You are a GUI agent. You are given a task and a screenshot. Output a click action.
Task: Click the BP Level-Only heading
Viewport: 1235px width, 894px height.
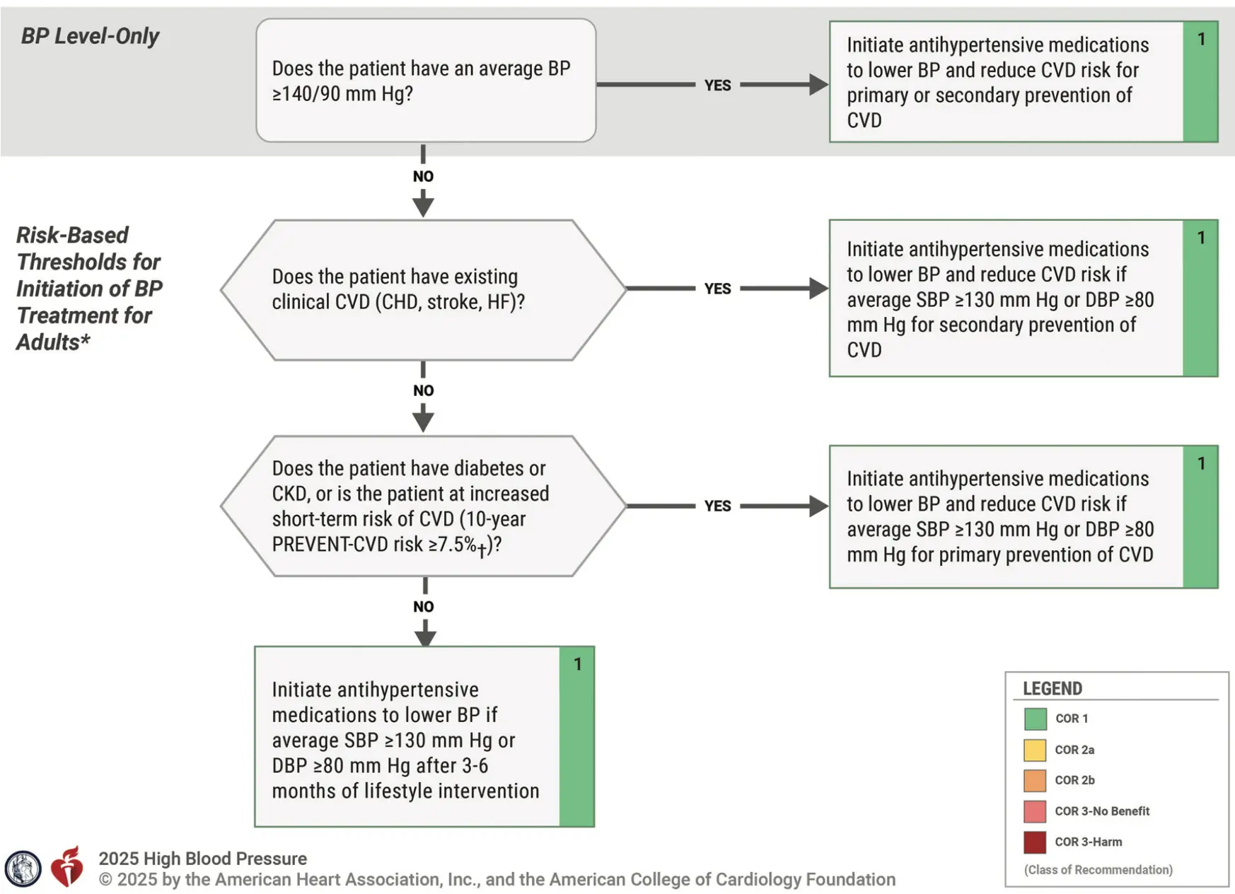(90, 36)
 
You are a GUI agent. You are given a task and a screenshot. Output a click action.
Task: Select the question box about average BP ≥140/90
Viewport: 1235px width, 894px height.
(426, 81)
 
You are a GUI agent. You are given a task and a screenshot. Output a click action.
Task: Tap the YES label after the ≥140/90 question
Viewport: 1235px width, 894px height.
(717, 86)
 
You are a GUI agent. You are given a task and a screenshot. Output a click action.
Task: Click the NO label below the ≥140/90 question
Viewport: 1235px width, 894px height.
(423, 176)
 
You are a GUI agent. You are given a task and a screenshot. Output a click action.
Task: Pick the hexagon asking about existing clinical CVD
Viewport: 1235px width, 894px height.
(423, 290)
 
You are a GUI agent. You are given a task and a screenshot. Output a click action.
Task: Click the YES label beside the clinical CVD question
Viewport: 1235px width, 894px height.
(717, 289)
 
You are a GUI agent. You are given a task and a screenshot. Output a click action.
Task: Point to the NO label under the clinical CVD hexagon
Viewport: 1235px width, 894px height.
(423, 390)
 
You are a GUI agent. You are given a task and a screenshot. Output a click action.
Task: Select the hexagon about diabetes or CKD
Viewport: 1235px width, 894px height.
(423, 506)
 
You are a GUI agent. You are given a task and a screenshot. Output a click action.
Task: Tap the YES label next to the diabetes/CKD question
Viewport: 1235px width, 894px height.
(717, 506)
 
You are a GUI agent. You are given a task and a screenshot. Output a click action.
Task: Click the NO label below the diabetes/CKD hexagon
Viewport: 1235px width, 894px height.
(423, 607)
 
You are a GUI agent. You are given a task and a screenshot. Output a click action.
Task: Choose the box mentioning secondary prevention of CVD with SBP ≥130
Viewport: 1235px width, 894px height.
(1024, 298)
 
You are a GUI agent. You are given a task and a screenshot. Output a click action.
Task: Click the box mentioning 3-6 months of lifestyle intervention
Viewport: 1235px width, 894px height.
(424, 736)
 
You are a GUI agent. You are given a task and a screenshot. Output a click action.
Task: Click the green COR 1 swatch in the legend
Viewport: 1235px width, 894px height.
(1035, 719)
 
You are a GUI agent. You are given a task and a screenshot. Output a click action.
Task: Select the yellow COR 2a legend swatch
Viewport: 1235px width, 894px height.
(1035, 750)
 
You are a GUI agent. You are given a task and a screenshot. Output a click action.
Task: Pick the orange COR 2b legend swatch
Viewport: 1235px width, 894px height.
(1035, 780)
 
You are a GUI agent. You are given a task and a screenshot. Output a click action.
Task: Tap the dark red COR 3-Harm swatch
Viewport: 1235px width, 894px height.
(1035, 842)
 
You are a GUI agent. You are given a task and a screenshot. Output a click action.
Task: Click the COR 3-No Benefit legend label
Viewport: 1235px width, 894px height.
(1102, 811)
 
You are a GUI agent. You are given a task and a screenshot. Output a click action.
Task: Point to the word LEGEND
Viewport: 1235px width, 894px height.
(1053, 688)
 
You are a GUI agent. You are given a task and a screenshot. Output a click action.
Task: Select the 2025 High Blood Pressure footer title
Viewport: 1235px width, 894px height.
(202, 859)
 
